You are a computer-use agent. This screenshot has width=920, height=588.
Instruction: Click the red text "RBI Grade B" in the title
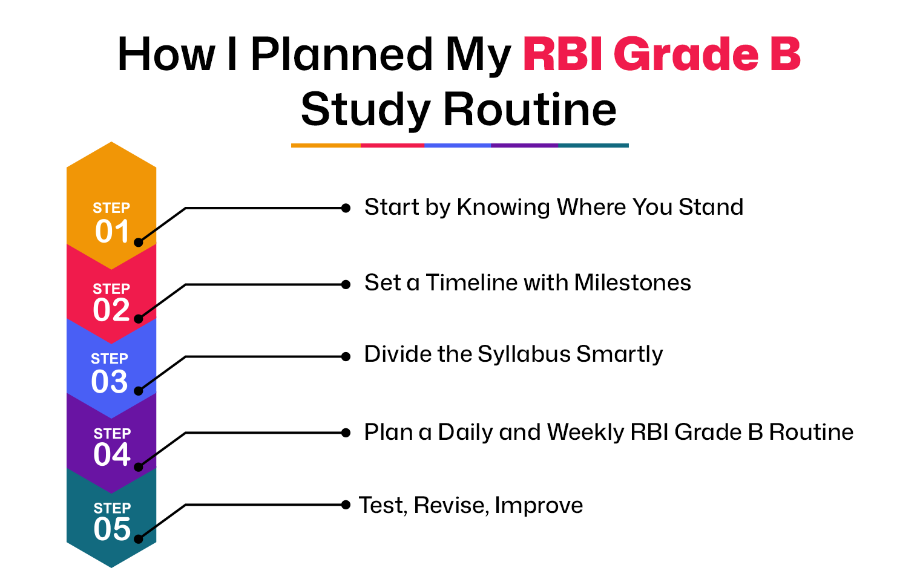(x=662, y=54)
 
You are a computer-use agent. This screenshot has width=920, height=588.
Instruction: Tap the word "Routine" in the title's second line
(x=530, y=109)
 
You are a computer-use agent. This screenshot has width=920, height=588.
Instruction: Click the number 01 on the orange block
(x=112, y=231)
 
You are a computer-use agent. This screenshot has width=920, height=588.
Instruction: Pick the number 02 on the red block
(x=111, y=310)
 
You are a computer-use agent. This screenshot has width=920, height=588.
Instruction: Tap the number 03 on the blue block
(x=109, y=382)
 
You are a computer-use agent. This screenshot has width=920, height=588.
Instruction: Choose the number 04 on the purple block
(x=112, y=454)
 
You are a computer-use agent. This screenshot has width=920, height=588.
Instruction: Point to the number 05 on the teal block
(x=112, y=529)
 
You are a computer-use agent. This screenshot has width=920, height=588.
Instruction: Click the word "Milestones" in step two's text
(x=632, y=283)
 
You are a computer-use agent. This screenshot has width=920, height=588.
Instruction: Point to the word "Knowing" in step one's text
(x=504, y=207)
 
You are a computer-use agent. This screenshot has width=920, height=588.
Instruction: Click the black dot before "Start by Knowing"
(x=346, y=208)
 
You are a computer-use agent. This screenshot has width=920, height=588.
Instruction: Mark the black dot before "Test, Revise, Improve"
(x=346, y=505)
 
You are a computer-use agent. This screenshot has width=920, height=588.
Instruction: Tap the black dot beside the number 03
(x=139, y=391)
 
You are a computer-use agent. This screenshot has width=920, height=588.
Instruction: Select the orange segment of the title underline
(x=326, y=145)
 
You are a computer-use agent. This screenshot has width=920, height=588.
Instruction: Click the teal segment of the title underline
(x=594, y=145)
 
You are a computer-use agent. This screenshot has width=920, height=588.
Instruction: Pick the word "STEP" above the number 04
(x=112, y=434)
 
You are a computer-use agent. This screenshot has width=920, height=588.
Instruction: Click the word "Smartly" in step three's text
(x=620, y=353)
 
